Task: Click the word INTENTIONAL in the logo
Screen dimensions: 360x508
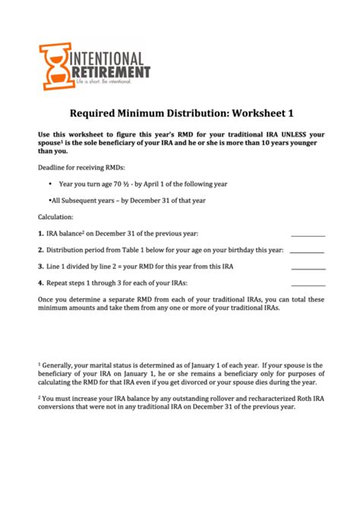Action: (108, 57)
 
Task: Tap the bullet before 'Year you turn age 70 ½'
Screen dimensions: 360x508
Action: (49, 184)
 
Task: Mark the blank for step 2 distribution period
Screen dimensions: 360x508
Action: (307, 251)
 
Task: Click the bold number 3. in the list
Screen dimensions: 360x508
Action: (41, 266)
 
